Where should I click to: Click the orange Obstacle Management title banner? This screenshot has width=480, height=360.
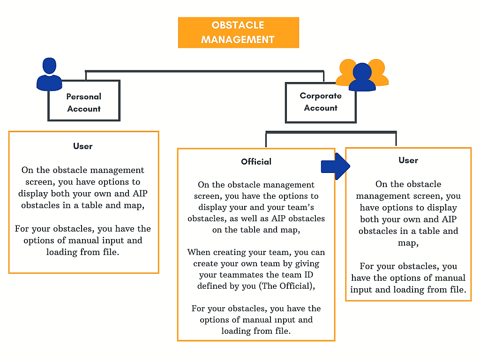point(238,32)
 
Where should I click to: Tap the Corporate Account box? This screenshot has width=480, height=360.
point(321,102)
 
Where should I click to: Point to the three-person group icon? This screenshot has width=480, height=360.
point(362,75)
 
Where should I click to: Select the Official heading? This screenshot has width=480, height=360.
point(256,162)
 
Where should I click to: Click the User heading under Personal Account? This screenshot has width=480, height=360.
point(83,146)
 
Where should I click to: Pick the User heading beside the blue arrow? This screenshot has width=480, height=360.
point(408,160)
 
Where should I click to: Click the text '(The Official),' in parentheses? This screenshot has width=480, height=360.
point(286,286)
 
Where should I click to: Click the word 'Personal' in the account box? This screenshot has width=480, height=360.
point(84,97)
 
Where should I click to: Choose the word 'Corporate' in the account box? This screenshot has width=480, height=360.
point(321,96)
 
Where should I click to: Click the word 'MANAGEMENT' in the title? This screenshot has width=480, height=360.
point(238,39)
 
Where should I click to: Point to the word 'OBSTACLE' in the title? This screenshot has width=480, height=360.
point(238,25)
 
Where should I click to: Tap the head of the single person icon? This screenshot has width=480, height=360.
point(49,65)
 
